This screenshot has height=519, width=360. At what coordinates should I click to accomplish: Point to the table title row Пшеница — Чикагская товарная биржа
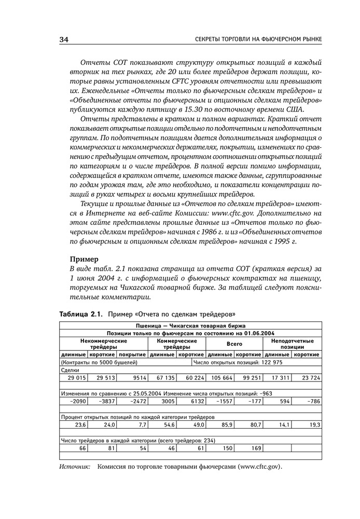click(190, 325)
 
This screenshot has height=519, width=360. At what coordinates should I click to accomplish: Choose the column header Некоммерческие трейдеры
click(104, 344)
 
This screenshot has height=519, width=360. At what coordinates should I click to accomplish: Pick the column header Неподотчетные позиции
click(293, 344)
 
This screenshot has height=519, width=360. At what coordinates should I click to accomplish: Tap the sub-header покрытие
click(132, 355)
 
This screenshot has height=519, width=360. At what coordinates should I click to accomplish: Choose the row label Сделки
click(70, 371)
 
